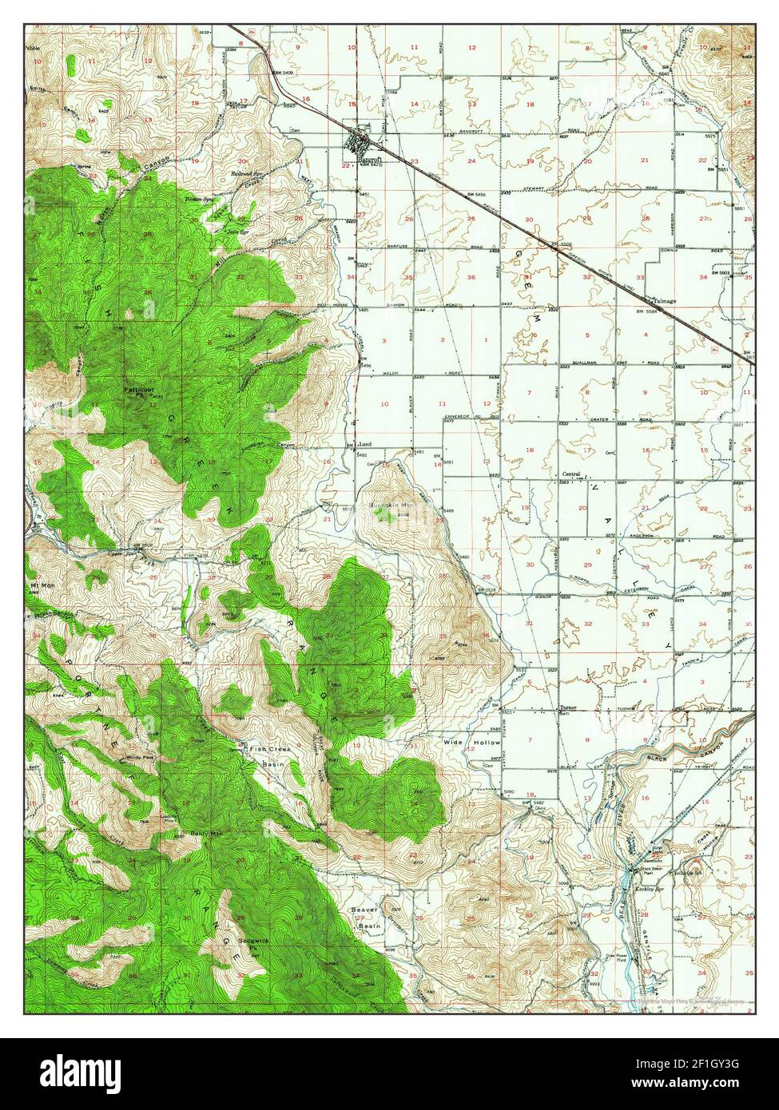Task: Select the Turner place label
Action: (567, 708)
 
